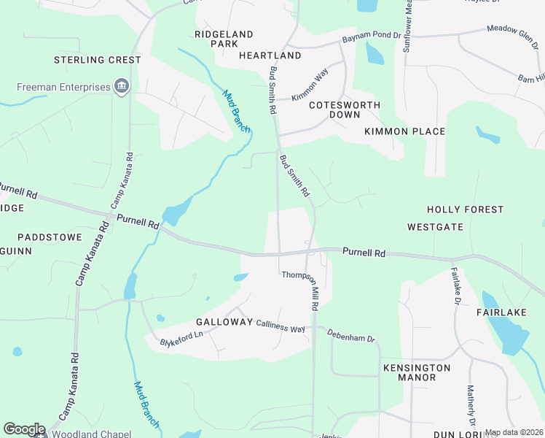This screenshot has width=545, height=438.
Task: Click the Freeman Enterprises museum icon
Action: pos(122,88)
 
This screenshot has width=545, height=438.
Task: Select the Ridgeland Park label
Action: pos(224,39)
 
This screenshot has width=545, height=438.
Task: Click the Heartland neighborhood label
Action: pos(270,55)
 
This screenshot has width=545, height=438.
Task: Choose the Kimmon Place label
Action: pos(404,131)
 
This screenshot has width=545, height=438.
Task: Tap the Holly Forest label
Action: pos(465,210)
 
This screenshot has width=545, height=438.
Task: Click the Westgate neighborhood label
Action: pos(435,227)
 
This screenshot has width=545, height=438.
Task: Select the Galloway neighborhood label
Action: pos(224,322)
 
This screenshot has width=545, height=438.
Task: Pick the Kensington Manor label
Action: pos(417,372)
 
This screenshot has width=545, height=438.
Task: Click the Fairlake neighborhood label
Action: pos(501,312)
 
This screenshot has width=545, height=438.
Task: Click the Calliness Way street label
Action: pos(280,329)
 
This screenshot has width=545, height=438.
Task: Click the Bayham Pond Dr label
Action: pos(372,35)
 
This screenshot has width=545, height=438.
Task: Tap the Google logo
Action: pos(24,429)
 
